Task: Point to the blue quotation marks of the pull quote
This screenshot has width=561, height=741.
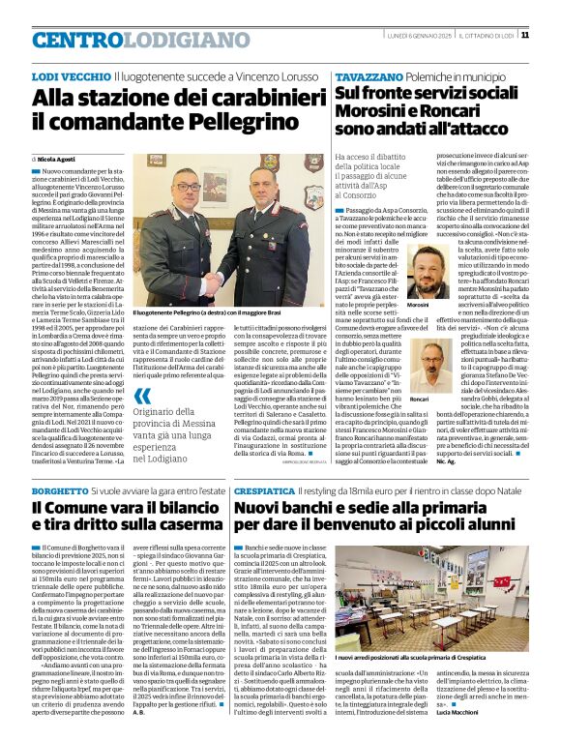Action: [141, 395]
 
